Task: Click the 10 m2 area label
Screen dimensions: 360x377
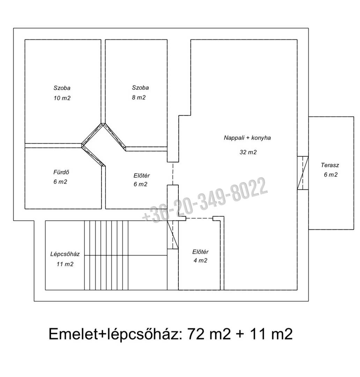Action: (x=62, y=98)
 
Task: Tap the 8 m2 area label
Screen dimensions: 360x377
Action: (x=139, y=97)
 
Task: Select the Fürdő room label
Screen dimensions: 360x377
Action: (x=61, y=172)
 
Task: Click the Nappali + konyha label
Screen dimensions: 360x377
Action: (x=247, y=138)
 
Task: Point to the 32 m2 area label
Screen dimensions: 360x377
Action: (x=248, y=152)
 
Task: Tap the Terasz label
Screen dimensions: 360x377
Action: (x=330, y=165)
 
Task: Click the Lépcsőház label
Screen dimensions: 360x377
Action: (x=65, y=254)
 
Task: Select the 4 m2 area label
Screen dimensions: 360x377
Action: (x=200, y=260)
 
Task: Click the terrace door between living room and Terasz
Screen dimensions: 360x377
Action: (x=303, y=173)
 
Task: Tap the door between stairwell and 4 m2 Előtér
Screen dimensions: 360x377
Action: (x=172, y=235)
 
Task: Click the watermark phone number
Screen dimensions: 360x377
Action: (x=205, y=200)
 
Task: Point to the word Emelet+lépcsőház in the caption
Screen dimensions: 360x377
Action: (x=115, y=334)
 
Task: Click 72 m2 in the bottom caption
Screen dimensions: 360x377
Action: (x=209, y=334)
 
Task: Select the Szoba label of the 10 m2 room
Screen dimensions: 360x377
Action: (x=62, y=88)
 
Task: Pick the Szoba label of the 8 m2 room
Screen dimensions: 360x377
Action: (x=140, y=88)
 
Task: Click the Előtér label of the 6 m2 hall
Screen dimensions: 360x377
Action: (x=142, y=176)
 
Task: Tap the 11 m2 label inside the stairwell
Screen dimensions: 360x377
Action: (x=65, y=264)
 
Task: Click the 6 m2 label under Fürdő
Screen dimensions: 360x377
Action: (x=60, y=182)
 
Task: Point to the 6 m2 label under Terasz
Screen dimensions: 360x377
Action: (x=331, y=175)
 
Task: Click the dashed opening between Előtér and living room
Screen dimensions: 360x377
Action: (x=172, y=173)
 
